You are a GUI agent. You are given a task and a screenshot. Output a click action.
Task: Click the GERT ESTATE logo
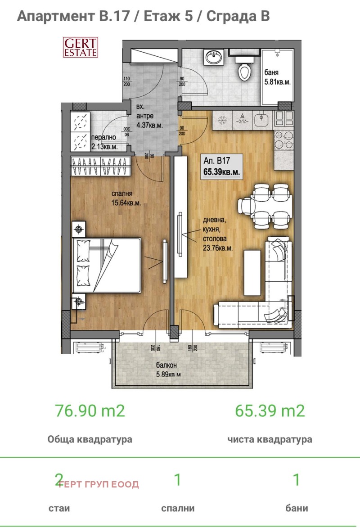click(x=80, y=46)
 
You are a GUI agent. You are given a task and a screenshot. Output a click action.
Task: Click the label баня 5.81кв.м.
click(x=278, y=77)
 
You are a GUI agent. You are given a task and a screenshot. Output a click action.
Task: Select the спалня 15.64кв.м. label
click(x=126, y=199)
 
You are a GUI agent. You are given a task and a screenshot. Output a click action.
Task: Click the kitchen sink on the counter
click(x=261, y=119)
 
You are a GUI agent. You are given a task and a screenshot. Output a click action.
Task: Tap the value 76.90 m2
click(x=90, y=411)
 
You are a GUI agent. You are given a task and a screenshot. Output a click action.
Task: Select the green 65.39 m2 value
click(x=270, y=411)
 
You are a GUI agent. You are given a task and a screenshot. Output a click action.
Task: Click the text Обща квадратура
click(x=90, y=439)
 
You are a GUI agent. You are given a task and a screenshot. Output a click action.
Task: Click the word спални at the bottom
click(x=178, y=508)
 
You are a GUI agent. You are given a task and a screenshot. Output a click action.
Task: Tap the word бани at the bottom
click(x=297, y=508)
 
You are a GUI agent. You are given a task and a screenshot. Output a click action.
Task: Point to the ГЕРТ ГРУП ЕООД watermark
click(x=99, y=484)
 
